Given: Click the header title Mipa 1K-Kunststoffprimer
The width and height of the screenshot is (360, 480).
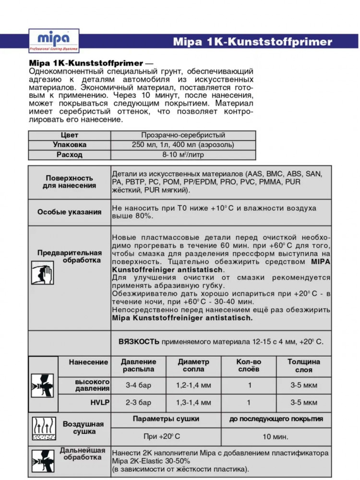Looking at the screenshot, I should click(x=252, y=42).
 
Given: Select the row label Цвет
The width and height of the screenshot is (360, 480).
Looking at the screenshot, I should click(x=70, y=135).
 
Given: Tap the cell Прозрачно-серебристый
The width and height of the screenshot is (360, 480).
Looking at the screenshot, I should click(x=183, y=135).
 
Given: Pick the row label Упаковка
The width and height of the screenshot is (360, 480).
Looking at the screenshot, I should click(x=70, y=145).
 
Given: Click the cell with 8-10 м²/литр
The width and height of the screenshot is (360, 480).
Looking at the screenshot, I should click(x=183, y=155).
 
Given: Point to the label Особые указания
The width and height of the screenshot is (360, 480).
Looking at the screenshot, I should click(x=70, y=212).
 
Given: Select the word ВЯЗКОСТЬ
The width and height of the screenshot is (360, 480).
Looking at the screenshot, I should click(x=139, y=342).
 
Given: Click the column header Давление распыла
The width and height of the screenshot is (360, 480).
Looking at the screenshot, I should click(x=138, y=366).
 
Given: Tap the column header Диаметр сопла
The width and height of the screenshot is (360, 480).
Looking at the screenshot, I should click(x=193, y=366).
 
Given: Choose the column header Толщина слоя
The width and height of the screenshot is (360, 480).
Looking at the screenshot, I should click(x=303, y=366).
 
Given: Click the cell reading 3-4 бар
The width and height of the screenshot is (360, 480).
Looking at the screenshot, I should click(x=138, y=385).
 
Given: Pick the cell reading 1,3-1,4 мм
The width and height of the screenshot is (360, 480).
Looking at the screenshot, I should click(x=193, y=402).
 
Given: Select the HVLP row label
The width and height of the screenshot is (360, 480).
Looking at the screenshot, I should click(x=100, y=402).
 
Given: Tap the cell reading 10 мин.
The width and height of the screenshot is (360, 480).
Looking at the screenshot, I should click(x=276, y=437).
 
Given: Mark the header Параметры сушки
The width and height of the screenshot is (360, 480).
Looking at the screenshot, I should click(x=166, y=419).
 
